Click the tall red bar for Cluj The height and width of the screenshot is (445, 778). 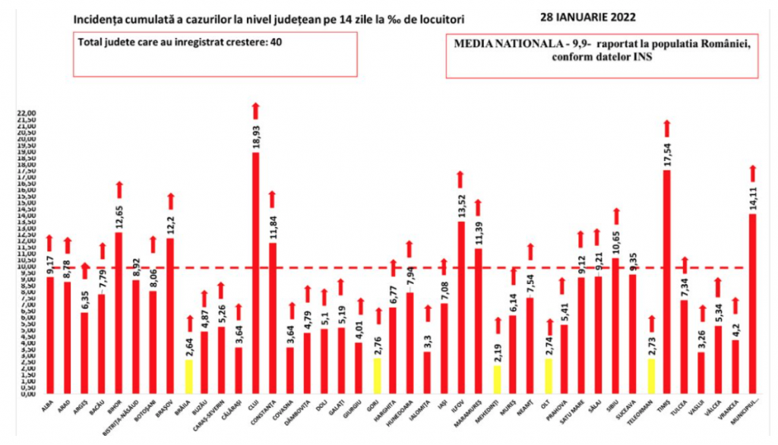click(x=255, y=273)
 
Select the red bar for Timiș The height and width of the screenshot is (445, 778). click(x=666, y=281)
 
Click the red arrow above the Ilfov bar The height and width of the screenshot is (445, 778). click(x=460, y=180)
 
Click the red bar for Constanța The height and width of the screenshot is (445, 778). click(x=273, y=318)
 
